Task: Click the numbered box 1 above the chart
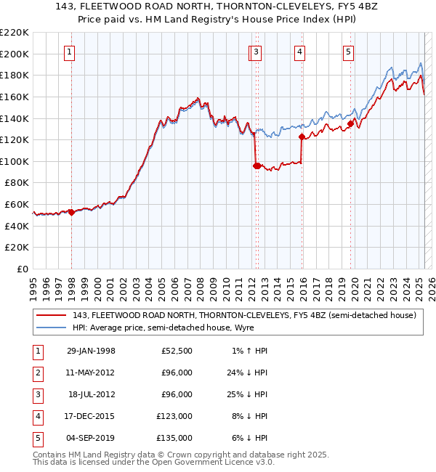point(69,52)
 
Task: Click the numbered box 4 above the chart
point(299,52)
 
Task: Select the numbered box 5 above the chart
point(349,52)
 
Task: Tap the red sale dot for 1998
point(72,212)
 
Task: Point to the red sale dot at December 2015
point(302,136)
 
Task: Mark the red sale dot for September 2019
point(350,123)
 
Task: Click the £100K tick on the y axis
point(15,161)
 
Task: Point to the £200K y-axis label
point(15,54)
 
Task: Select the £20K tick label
point(17,248)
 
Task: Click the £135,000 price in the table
point(174,438)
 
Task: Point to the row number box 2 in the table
point(36,373)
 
